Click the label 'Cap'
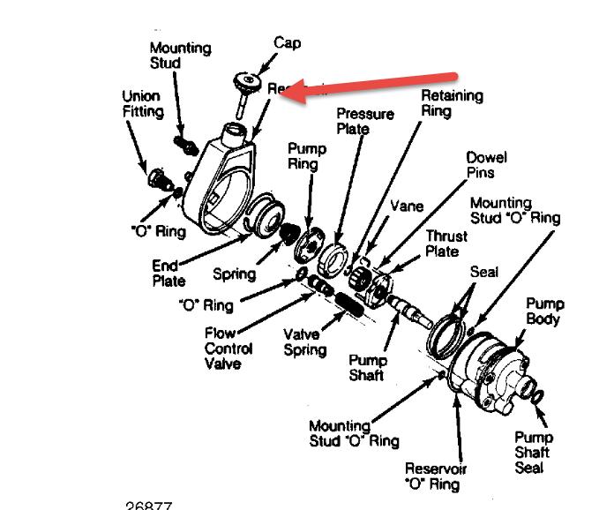click(287, 41)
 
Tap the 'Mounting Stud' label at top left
click(179, 56)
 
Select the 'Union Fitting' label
click(143, 104)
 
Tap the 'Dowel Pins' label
click(487, 165)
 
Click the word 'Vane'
click(407, 206)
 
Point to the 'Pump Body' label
click(544, 311)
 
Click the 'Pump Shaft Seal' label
click(534, 452)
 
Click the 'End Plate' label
click(168, 273)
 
